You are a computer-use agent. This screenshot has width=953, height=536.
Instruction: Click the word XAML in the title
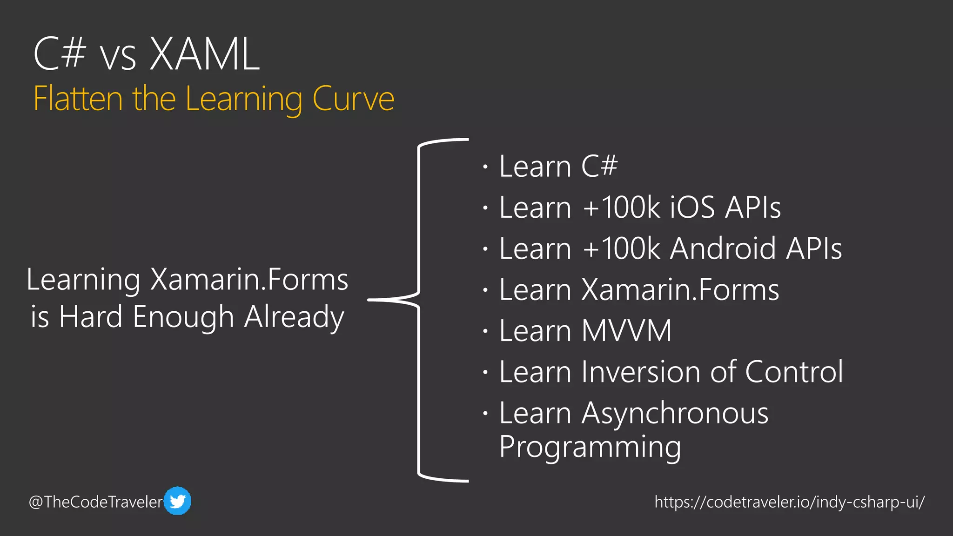(x=205, y=54)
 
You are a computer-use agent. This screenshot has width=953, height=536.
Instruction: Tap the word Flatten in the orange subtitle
(x=78, y=99)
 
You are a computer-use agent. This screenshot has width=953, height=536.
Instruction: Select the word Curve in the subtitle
(x=353, y=99)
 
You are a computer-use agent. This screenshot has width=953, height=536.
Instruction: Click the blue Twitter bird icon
(x=177, y=501)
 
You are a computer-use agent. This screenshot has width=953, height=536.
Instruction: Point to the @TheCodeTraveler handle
(x=96, y=502)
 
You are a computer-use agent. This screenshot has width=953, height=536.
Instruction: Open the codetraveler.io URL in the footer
(x=789, y=502)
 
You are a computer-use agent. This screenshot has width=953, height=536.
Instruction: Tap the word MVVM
(x=626, y=331)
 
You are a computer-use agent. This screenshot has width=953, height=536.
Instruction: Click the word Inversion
(x=642, y=372)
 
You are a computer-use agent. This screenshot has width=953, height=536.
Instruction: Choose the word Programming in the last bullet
(x=590, y=447)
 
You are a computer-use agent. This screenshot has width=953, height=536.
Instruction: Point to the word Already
(x=294, y=318)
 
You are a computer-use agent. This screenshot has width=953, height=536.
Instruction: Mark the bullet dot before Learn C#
(x=485, y=167)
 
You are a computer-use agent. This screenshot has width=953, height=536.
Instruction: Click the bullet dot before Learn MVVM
(x=485, y=331)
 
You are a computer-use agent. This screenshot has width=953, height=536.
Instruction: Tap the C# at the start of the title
(x=60, y=54)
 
